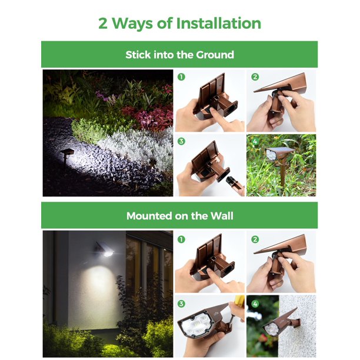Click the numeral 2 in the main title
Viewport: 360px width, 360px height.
click(x=103, y=24)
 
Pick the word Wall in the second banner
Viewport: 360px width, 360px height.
click(x=222, y=216)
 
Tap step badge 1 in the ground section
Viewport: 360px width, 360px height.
click(x=181, y=77)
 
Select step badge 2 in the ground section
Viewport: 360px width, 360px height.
click(x=255, y=77)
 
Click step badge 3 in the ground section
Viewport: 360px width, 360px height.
click(x=181, y=141)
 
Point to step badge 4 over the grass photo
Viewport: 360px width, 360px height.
click(x=255, y=142)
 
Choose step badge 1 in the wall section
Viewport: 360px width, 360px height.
click(x=181, y=239)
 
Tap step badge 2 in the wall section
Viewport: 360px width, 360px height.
click(x=255, y=239)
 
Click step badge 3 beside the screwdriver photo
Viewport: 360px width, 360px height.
click(x=181, y=304)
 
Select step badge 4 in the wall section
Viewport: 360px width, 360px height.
click(x=255, y=304)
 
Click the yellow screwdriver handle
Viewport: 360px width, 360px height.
click(x=239, y=301)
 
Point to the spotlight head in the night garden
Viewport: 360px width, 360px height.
click(x=66, y=153)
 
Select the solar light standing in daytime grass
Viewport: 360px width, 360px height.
click(x=280, y=161)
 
